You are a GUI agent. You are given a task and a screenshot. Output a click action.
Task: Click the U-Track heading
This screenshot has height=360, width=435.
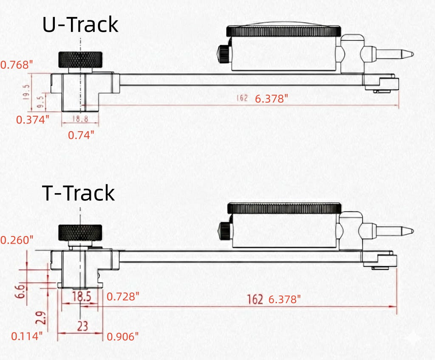(x=80, y=25)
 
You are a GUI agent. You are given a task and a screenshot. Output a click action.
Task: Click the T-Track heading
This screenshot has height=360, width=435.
(x=79, y=193)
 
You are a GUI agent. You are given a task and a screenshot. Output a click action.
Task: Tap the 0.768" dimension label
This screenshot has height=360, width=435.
(x=17, y=65)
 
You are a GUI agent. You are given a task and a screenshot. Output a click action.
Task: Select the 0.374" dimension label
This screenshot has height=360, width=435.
(x=33, y=119)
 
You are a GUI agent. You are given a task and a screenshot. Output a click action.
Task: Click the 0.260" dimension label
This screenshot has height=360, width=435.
(x=17, y=240)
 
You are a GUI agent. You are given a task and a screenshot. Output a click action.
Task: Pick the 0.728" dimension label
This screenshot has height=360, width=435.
(x=123, y=296)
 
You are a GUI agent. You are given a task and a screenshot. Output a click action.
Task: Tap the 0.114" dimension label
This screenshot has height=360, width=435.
(x=27, y=336)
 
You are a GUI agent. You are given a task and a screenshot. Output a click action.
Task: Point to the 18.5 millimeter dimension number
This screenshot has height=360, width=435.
(x=81, y=296)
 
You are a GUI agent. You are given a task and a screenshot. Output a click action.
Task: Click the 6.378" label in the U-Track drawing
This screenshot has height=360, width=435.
(x=271, y=99)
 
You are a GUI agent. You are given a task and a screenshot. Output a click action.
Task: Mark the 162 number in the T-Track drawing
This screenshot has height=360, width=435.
(x=255, y=299)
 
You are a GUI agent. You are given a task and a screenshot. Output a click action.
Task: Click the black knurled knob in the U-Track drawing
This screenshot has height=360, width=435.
(x=80, y=59)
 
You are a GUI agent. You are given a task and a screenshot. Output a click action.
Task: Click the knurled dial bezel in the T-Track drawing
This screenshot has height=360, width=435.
(x=284, y=208)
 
